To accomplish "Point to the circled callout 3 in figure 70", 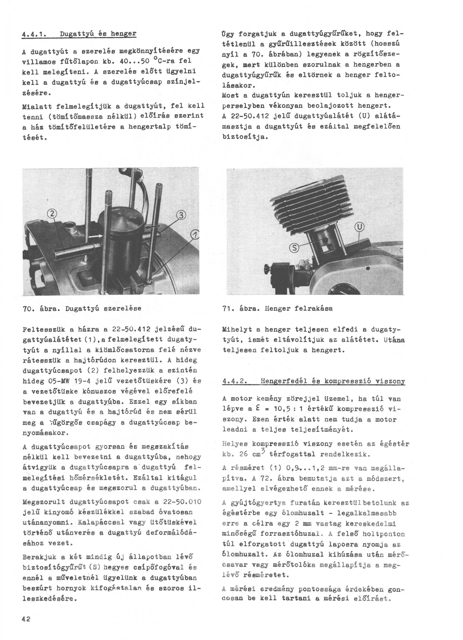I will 181,216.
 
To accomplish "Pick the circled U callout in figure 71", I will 360,227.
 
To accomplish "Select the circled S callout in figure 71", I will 295,248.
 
